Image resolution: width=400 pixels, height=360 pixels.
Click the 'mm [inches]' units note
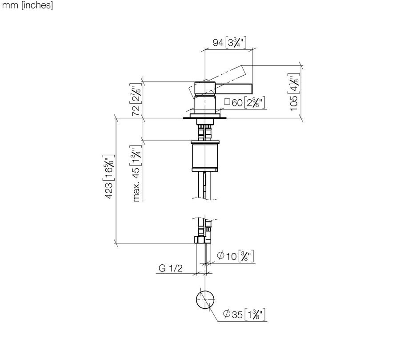(27, 5)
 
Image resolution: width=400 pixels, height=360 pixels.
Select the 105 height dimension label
(294, 92)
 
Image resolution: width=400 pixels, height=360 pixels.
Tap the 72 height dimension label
(136, 100)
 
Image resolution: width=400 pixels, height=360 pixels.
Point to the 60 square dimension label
(244, 103)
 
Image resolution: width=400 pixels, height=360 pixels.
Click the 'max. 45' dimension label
(136, 174)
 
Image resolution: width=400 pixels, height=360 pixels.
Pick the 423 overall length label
(109, 177)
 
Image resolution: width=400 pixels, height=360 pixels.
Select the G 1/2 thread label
(170, 268)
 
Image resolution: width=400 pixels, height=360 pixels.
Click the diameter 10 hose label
(235, 256)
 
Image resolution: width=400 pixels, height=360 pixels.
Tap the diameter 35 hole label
(244, 314)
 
